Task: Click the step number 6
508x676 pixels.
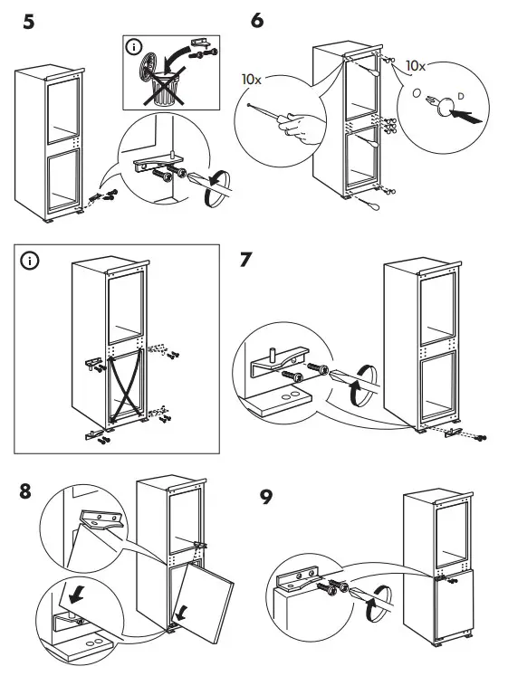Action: point(256,20)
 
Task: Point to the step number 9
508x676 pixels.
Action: point(266,498)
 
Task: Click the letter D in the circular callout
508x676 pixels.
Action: point(461,94)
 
